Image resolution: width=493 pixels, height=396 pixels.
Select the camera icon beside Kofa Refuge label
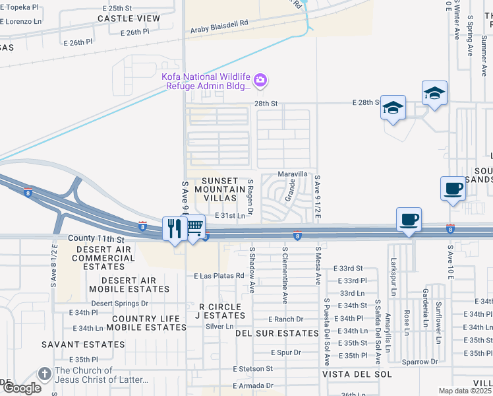[261, 81]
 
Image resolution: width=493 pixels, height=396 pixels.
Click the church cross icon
[45, 374]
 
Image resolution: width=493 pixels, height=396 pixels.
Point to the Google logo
[21, 388]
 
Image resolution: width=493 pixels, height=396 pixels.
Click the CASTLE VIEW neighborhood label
[129, 18]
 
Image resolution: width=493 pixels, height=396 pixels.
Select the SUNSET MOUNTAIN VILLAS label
[218, 188]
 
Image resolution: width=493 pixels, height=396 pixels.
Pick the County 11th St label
[96, 238]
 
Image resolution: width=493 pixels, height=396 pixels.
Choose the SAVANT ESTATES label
[83, 345]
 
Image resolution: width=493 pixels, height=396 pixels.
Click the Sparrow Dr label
[420, 362]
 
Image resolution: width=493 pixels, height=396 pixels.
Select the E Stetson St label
[252, 368]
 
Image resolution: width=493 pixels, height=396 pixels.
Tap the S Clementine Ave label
[285, 275]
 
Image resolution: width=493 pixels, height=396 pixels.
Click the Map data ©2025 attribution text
[465, 391]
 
